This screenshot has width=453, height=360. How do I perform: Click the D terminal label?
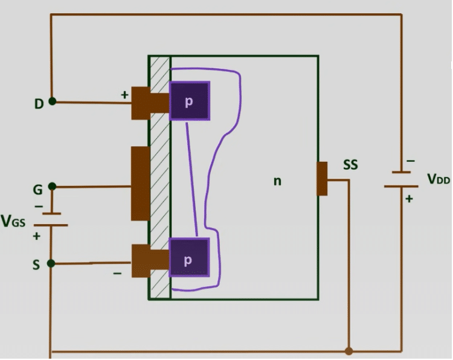pos(39,103)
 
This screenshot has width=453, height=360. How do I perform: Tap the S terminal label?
pos(37,265)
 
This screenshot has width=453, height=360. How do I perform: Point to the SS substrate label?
pos(351,164)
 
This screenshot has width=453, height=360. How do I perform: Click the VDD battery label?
pos(439,179)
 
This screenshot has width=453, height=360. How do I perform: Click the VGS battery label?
pos(13,222)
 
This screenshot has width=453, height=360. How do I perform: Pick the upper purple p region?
pos(190,101)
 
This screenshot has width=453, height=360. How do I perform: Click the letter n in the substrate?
pos(277,180)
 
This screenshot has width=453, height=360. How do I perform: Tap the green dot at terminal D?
pos(53,101)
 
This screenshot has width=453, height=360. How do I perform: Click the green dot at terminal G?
pos(53,186)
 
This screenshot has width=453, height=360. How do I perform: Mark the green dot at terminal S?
pos(52,263)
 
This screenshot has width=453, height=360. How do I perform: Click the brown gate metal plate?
pos(140,183)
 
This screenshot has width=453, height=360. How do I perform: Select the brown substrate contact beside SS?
pos(322,179)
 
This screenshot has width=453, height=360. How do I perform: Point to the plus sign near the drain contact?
pos(125,95)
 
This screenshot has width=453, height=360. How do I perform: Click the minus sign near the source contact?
pos(117,274)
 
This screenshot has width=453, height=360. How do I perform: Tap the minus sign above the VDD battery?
pos(411,161)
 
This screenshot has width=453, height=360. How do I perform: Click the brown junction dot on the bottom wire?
pos(349,351)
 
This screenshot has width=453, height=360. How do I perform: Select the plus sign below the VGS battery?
pos(36,236)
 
